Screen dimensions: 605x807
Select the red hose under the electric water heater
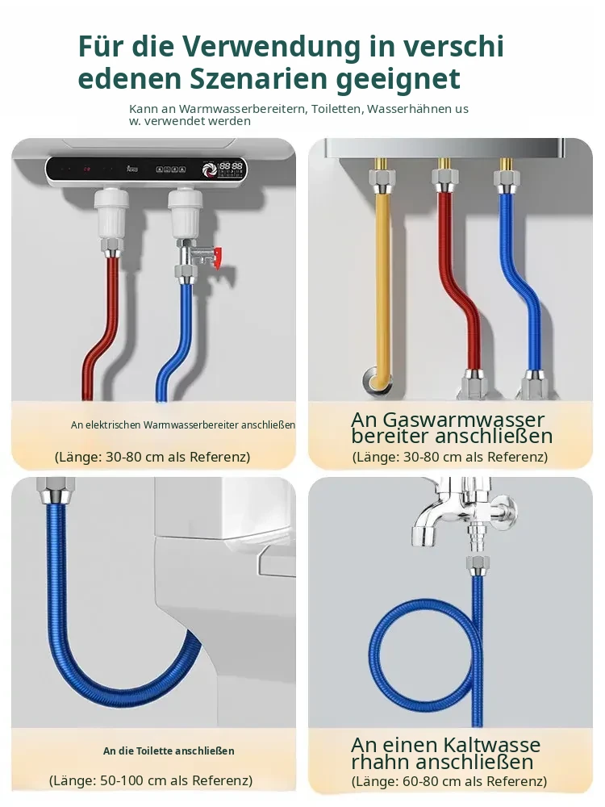tap(103, 329)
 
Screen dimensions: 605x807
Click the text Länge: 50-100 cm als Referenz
tap(151, 780)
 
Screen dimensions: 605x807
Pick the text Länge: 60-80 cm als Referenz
tap(449, 780)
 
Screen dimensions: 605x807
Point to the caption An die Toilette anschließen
tap(169, 751)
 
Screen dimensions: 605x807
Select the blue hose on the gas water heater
tap(520, 283)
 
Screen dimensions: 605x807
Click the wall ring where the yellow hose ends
tap(374, 380)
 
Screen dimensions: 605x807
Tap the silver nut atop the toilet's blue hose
tap(54, 492)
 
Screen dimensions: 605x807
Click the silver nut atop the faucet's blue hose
tap(478, 565)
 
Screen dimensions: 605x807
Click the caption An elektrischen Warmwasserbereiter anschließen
tap(183, 424)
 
